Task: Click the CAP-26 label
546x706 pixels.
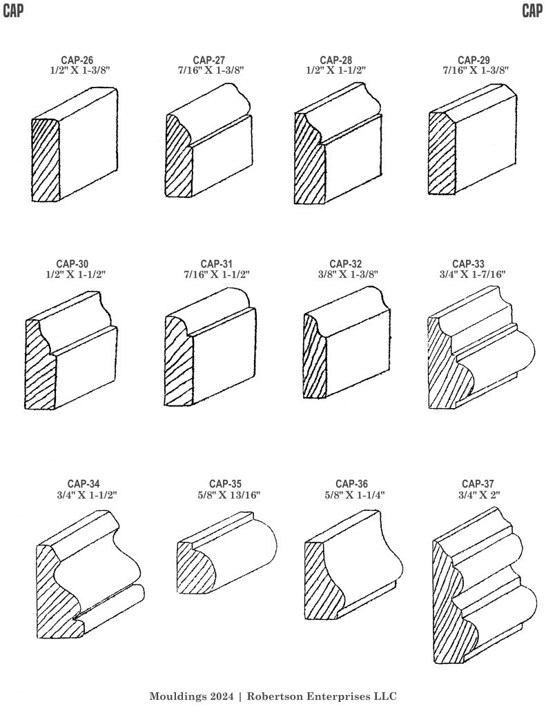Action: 77,60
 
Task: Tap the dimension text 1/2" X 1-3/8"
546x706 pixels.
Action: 80,70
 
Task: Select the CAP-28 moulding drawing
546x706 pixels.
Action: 338,143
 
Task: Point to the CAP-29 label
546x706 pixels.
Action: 474,60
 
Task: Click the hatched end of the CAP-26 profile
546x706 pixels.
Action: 46,160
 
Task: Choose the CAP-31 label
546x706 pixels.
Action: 217,264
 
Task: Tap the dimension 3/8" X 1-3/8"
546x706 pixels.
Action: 348,274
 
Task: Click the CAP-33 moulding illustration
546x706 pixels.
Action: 480,347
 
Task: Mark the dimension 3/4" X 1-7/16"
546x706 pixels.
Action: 473,274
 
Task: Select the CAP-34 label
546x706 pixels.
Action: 84,485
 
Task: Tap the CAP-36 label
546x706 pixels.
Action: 351,485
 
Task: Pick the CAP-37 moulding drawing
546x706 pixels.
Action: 485,585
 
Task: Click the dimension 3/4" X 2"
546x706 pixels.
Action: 479,495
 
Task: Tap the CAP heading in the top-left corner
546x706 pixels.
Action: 13,10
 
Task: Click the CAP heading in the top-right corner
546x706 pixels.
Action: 532,10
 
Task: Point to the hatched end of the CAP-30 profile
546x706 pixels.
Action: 39,364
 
